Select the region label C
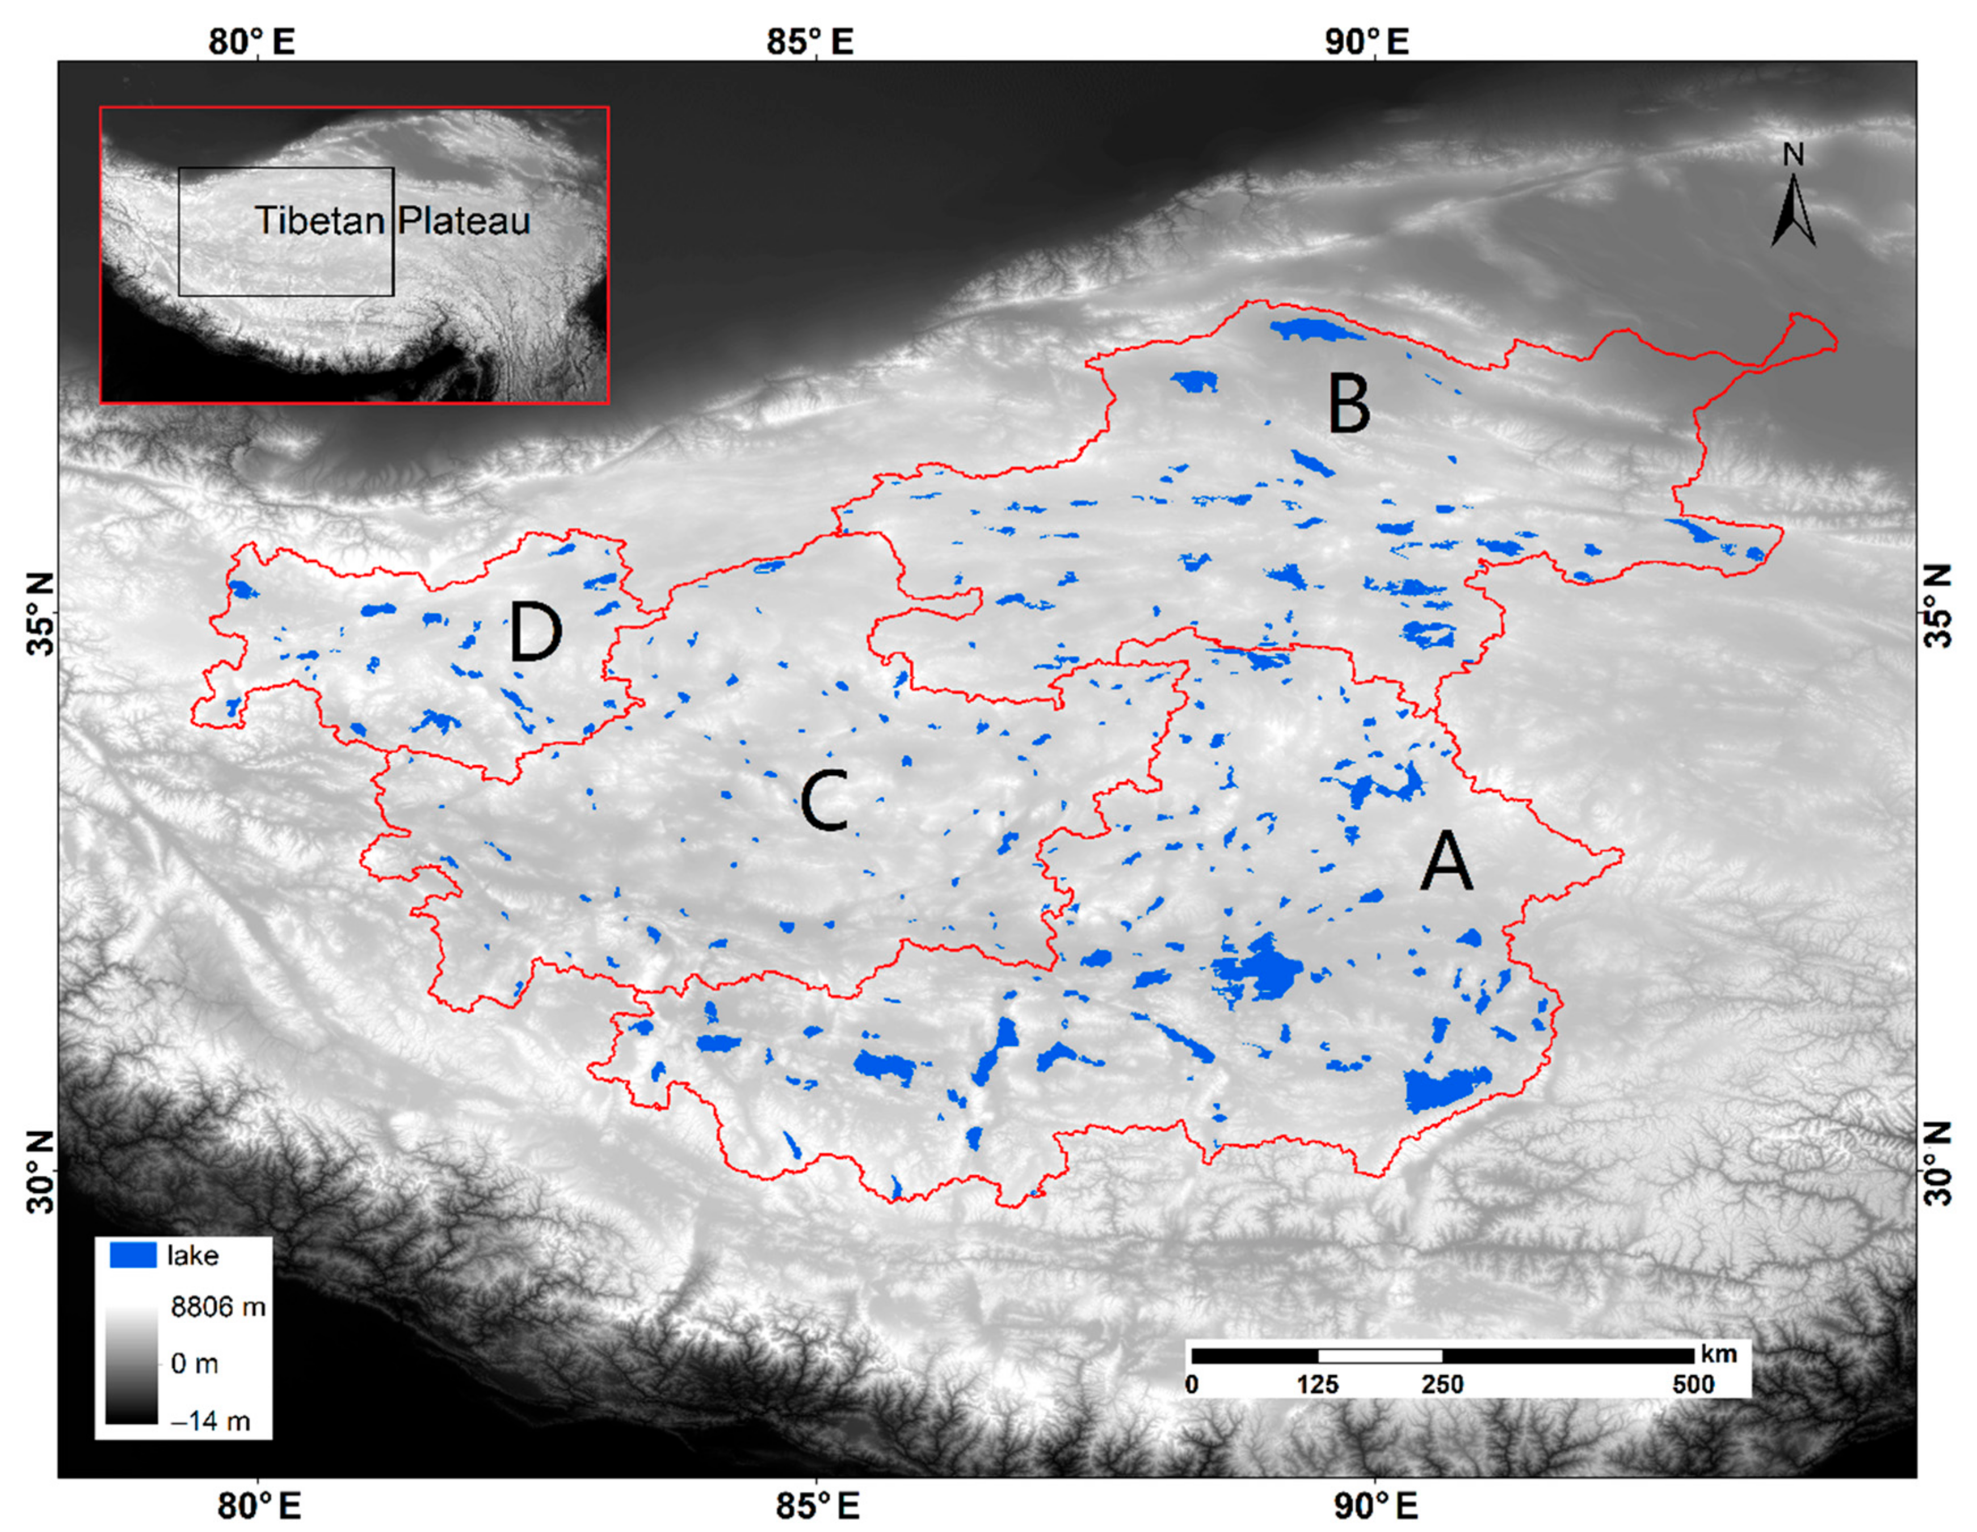(824, 801)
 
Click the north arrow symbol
(1793, 211)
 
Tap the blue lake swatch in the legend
(132, 1255)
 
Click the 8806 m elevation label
(218, 1307)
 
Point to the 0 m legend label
(195, 1363)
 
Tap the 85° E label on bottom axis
(817, 1506)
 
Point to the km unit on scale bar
(1719, 1354)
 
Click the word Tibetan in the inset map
(319, 221)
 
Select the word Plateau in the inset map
(464, 221)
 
